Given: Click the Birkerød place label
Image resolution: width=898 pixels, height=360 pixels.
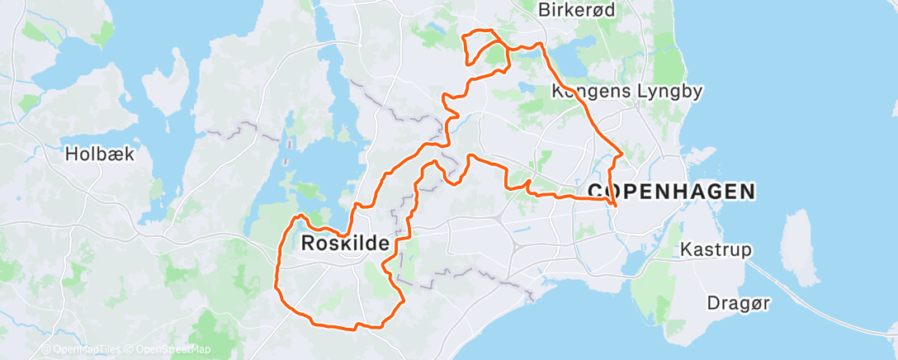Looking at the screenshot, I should coord(572,10).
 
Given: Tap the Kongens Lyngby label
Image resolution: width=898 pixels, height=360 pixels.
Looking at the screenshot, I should coord(627,91).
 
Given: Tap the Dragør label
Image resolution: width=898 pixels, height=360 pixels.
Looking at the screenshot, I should coord(738,304).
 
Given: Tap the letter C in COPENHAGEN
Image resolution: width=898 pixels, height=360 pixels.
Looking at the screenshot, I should coord(596,192).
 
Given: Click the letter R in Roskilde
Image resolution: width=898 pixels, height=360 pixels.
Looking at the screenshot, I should coord(310,244).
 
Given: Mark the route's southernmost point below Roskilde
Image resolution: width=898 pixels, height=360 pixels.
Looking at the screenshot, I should coord(355,329).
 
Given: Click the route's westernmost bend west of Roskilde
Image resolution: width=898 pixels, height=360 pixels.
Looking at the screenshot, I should coord(276,285).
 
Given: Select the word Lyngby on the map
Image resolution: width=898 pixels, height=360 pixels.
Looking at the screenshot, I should coord(670,91).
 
